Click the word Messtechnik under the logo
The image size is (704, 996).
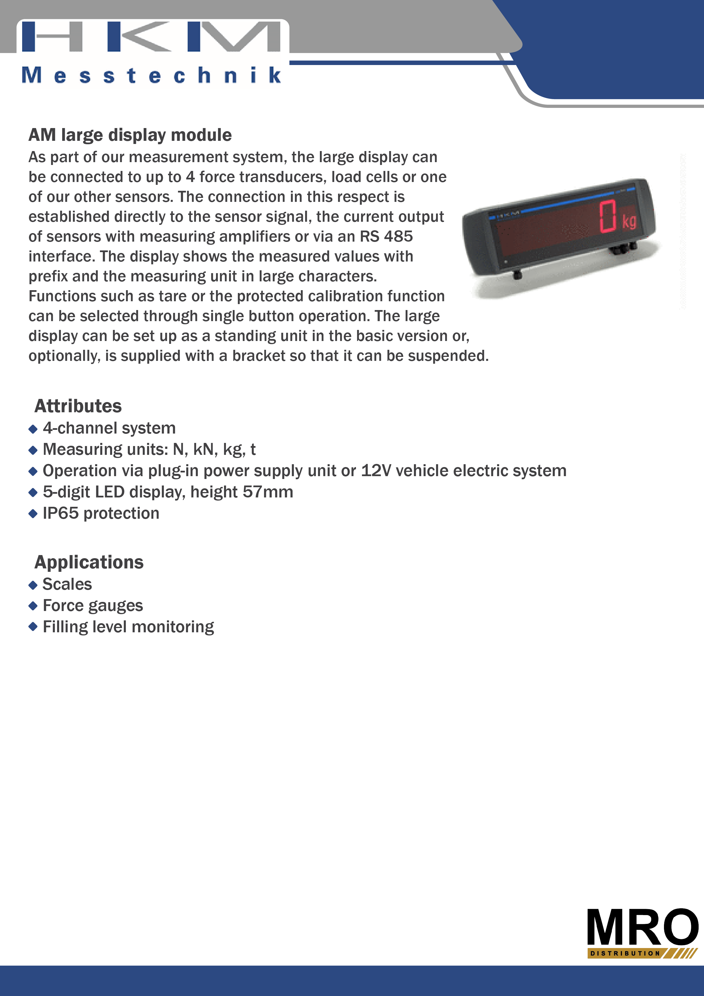pyautogui.click(x=151, y=75)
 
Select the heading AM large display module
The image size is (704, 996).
pyautogui.click(x=130, y=135)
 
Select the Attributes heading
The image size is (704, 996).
pyautogui.click(x=78, y=406)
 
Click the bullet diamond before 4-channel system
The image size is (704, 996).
pyautogui.click(x=33, y=429)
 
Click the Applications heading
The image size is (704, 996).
pyautogui.click(x=89, y=562)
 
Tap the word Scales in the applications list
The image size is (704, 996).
pyautogui.click(x=67, y=584)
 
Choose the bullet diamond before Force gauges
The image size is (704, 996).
pyautogui.click(x=33, y=606)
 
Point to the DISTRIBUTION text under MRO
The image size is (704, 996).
pyautogui.click(x=625, y=953)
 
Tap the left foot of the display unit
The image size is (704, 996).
pyautogui.click(x=517, y=275)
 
